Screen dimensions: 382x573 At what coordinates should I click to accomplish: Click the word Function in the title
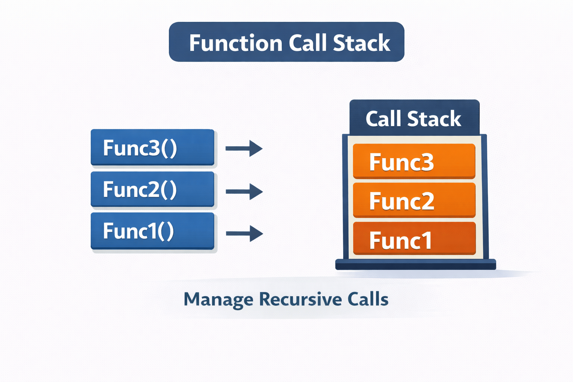pos(235,43)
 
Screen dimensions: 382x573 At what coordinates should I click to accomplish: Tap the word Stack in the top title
pos(361,43)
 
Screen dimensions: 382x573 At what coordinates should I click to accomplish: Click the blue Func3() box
pos(152,147)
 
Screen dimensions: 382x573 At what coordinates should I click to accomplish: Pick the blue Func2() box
pos(152,189)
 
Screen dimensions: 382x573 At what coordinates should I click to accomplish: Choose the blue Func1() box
pos(152,231)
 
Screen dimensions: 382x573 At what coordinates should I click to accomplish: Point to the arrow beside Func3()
pos(244,148)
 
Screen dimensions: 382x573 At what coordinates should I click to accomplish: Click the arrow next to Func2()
pos(244,192)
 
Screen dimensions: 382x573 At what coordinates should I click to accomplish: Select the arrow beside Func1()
pos(244,234)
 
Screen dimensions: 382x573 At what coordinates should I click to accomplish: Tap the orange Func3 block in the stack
pos(414,161)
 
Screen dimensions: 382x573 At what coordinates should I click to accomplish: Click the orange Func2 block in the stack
pos(414,200)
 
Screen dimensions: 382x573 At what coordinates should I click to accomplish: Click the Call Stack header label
pos(413,119)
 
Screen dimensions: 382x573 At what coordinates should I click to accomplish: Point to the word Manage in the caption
pos(218,300)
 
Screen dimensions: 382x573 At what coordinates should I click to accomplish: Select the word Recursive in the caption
pos(300,299)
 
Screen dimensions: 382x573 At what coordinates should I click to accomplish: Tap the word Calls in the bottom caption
pos(368,299)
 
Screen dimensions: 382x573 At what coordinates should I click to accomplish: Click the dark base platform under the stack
pos(416,264)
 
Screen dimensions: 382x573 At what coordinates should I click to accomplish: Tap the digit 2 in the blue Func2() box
pos(154,189)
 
